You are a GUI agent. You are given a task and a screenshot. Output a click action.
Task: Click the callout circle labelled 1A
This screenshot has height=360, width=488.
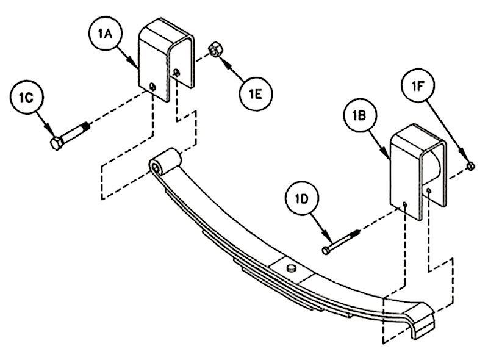[105, 34]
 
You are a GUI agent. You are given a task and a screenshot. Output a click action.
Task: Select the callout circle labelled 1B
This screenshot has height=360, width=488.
[360, 115]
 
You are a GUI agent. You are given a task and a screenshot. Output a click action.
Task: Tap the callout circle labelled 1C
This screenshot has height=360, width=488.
[26, 98]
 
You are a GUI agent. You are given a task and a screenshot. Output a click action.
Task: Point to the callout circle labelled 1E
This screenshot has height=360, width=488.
[256, 95]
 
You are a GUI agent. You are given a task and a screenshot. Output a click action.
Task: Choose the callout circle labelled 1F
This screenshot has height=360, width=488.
[418, 86]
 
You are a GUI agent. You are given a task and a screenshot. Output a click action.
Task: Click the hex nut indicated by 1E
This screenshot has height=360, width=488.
[215, 49]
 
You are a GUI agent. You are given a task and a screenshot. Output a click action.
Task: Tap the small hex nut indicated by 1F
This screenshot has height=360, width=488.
[470, 167]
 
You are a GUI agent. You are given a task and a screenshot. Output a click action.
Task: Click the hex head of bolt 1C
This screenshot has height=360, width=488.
[57, 143]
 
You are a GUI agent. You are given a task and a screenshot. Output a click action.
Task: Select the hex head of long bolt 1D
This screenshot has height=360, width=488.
[326, 250]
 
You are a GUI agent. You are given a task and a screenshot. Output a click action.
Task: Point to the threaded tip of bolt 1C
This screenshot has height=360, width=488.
[86, 127]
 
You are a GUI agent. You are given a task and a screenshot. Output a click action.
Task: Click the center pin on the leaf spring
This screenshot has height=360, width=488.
[291, 267]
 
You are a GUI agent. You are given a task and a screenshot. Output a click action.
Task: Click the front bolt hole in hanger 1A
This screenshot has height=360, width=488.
[152, 86]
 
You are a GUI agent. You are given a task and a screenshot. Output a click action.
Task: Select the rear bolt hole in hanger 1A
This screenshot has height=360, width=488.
[176, 73]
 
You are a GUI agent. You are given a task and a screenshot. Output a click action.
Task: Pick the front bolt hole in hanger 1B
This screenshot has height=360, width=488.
[404, 204]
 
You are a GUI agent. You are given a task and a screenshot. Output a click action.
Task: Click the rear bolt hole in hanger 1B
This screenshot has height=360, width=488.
[429, 190]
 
